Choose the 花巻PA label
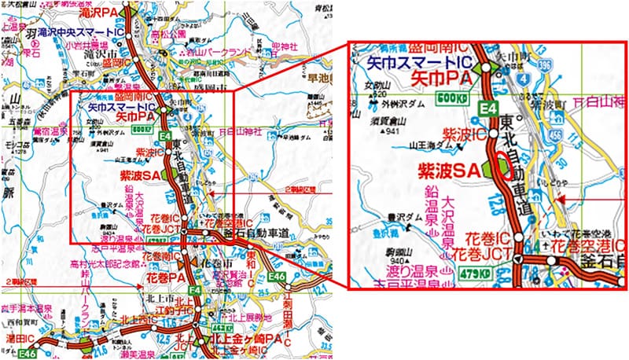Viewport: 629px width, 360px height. (166, 277)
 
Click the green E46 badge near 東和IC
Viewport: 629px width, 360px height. (275, 277)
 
